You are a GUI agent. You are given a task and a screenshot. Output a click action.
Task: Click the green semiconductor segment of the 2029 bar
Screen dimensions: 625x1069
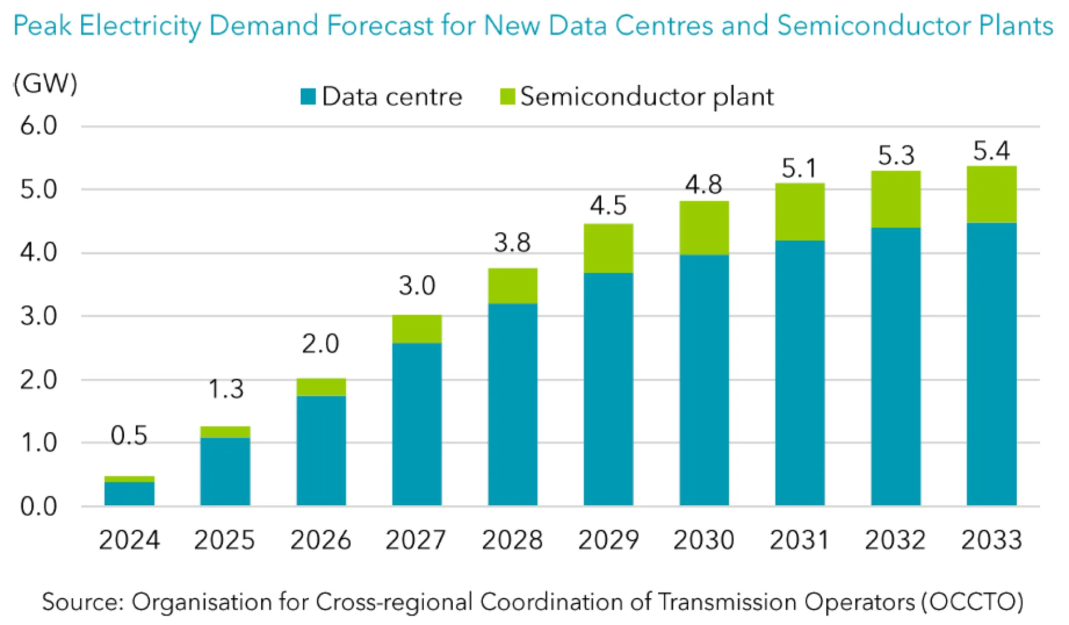[608, 248]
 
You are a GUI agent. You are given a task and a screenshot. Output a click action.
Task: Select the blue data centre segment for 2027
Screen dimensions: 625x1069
[416, 424]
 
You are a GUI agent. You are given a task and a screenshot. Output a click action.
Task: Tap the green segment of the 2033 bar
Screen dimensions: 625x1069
[991, 194]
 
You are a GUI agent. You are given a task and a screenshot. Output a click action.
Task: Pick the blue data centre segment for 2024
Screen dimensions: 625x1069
[129, 494]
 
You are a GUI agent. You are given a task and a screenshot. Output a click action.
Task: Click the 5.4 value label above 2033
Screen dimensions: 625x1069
[991, 151]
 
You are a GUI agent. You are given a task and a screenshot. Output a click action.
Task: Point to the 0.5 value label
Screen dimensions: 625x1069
[129, 436]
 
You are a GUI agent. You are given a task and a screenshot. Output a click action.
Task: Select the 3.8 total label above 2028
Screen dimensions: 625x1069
[512, 243]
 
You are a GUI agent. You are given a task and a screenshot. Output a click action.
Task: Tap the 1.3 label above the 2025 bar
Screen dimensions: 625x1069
[225, 389]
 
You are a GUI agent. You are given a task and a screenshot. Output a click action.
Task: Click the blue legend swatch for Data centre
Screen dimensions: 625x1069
[308, 96]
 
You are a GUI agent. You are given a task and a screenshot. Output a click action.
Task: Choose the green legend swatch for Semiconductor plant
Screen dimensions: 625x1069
[507, 96]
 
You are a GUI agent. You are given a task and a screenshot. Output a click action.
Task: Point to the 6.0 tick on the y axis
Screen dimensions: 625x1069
[38, 126]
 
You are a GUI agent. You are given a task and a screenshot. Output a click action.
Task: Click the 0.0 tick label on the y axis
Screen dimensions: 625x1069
[38, 506]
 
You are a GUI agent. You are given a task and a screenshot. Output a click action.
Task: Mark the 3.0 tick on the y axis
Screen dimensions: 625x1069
[38, 316]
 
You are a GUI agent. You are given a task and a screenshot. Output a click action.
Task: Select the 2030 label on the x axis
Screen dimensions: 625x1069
[704, 540]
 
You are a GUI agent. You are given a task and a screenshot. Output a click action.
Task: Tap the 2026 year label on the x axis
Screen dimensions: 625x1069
[321, 540]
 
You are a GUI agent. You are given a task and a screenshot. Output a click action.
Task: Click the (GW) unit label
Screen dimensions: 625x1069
[46, 84]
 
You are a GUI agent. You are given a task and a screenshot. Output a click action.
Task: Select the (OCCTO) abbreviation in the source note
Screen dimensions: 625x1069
[972, 602]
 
